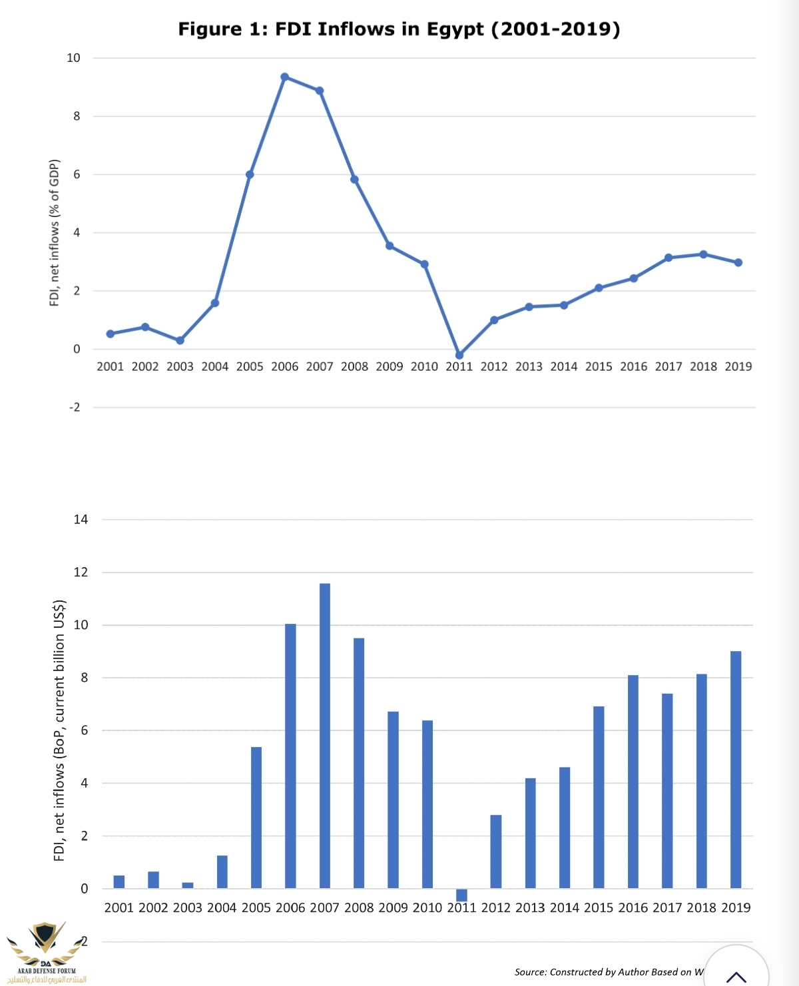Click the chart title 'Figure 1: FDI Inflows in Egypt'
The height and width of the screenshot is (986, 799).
399,29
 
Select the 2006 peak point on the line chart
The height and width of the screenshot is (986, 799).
285,77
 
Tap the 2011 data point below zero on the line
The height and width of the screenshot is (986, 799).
459,356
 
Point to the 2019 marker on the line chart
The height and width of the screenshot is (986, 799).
738,263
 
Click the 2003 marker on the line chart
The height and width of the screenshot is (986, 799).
180,340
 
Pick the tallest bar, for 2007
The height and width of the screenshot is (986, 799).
325,736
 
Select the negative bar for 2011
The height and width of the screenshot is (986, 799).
461,895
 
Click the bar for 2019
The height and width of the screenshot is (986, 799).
736,770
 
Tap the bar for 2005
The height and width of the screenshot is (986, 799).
256,818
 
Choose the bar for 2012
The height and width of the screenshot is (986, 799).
496,852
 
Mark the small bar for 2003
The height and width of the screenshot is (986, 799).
188,885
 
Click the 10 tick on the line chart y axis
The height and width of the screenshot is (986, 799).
73,58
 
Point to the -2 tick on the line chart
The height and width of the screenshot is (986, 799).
75,407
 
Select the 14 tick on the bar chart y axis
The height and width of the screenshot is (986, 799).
81,519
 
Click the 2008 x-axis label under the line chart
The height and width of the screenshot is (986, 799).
354,367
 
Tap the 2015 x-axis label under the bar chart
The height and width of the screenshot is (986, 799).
599,908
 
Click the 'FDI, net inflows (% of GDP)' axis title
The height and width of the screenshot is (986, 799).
55,233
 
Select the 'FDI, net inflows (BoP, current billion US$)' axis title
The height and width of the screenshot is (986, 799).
59,730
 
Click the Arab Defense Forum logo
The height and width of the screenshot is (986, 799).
45,951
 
